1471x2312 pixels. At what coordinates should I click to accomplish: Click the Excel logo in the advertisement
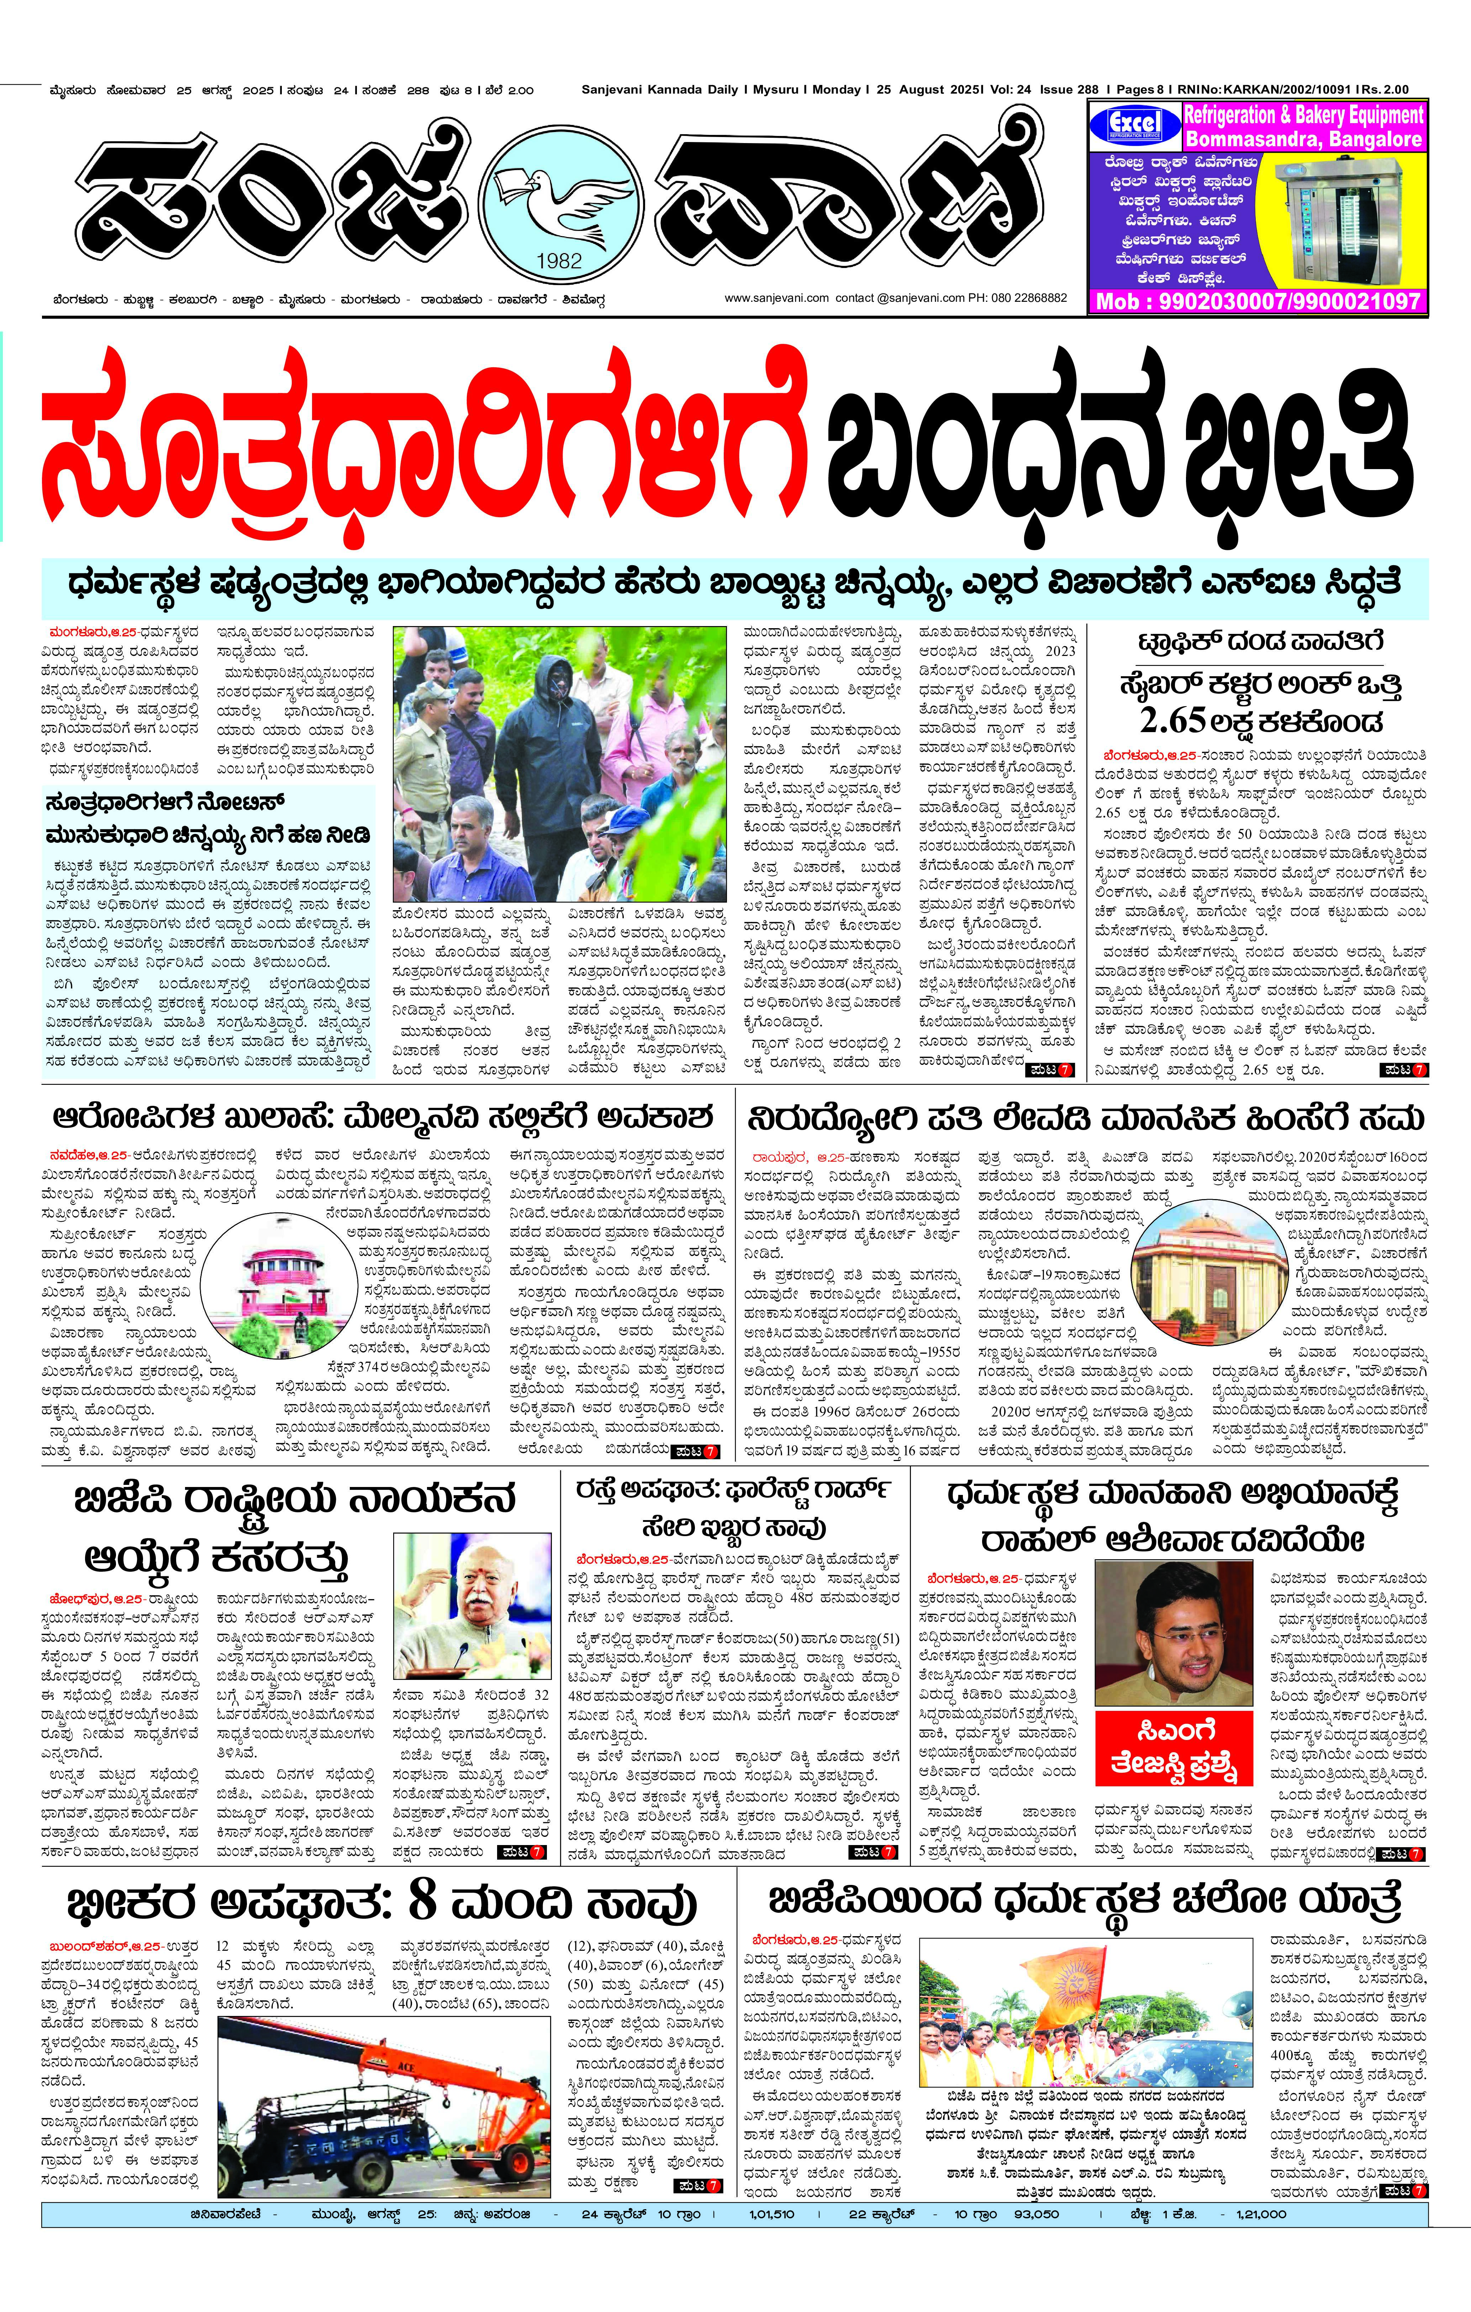click(x=1134, y=126)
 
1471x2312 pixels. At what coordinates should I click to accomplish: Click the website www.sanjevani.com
click(x=776, y=299)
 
